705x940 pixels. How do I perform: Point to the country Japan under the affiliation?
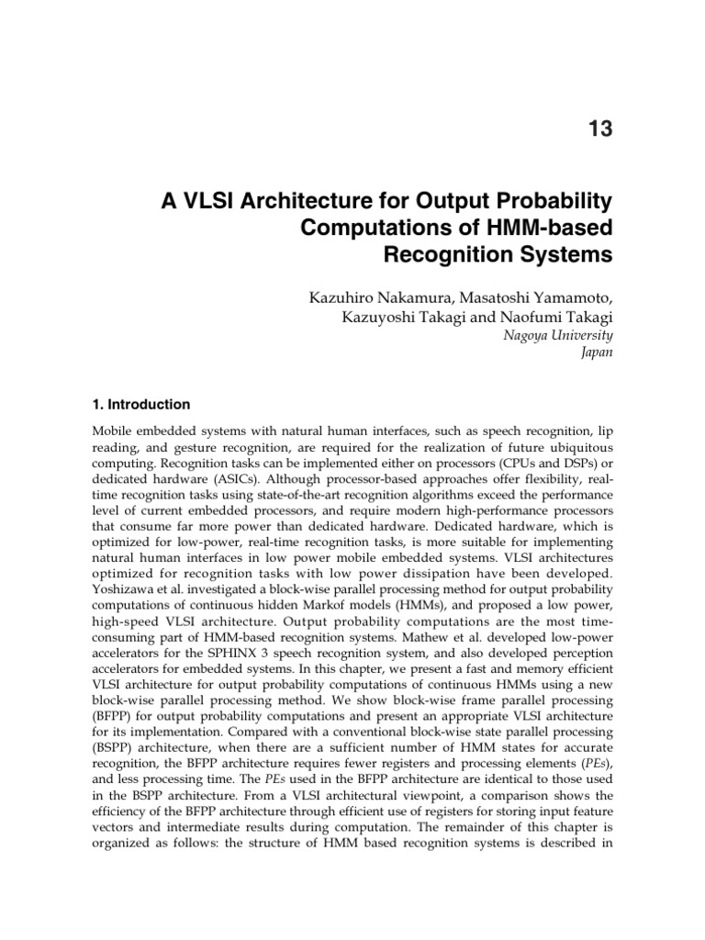pyautogui.click(x=596, y=352)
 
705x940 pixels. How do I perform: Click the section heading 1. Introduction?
pyautogui.click(x=142, y=404)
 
